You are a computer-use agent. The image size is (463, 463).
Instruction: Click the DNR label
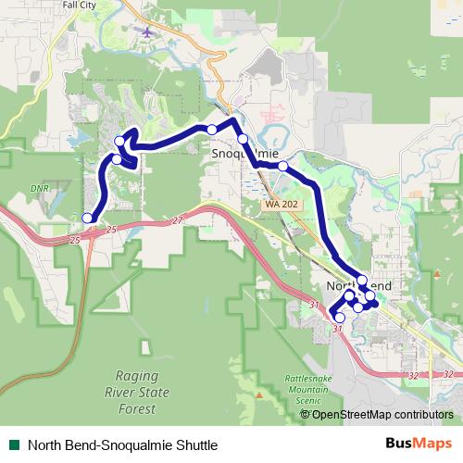(x=38, y=188)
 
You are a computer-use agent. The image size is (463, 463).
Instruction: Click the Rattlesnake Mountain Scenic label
(x=287, y=391)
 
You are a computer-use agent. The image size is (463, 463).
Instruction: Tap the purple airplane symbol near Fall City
(x=147, y=32)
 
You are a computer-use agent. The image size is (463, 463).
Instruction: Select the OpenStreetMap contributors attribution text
(x=382, y=414)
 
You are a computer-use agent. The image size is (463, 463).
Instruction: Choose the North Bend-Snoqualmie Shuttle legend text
(x=122, y=444)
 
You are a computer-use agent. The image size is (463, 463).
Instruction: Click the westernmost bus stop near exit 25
(x=88, y=219)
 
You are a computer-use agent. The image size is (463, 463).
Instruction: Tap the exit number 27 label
(x=178, y=220)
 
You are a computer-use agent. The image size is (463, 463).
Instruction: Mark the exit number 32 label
(x=411, y=375)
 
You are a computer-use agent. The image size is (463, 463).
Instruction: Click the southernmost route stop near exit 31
(x=340, y=318)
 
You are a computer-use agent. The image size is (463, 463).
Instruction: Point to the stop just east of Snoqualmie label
(x=282, y=167)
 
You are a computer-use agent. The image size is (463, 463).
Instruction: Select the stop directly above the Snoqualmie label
(x=243, y=139)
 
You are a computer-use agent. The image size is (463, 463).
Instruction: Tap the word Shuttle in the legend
(x=194, y=444)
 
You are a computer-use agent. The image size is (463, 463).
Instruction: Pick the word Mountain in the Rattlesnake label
(x=287, y=391)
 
